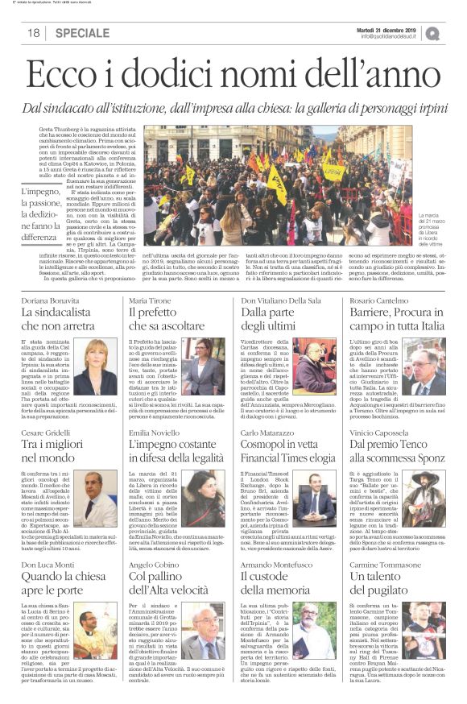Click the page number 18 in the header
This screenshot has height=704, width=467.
(34, 33)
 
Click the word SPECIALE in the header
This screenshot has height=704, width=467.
(83, 33)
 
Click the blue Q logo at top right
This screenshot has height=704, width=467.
(433, 32)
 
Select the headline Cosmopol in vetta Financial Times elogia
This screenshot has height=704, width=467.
(287, 448)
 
